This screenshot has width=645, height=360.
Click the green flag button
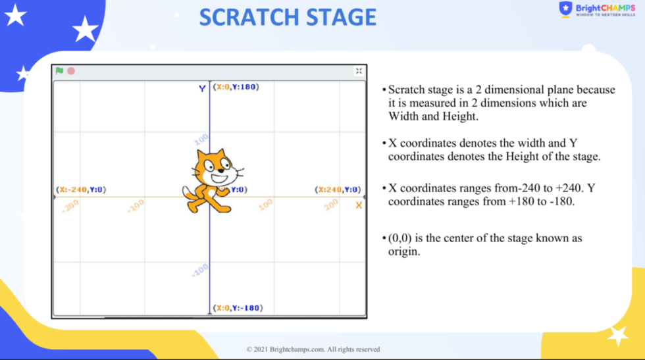(x=60, y=71)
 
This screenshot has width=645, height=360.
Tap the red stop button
(x=71, y=71)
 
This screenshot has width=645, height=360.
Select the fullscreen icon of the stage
(x=359, y=71)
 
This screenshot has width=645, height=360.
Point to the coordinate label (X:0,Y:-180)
(x=238, y=308)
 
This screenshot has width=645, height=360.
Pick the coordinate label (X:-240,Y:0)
(x=81, y=190)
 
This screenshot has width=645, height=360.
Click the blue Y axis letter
(x=202, y=88)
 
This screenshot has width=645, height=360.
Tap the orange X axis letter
(x=359, y=205)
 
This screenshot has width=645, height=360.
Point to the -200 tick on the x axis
(x=70, y=206)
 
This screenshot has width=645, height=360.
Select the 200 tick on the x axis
(x=330, y=205)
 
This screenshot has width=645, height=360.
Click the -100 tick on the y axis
(x=200, y=270)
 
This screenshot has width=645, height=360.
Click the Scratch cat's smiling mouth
(x=219, y=178)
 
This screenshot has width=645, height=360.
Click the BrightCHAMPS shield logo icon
(x=565, y=9)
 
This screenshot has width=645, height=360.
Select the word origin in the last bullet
(x=404, y=251)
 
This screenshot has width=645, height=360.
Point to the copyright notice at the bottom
(x=313, y=349)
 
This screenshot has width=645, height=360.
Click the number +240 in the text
(x=569, y=188)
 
